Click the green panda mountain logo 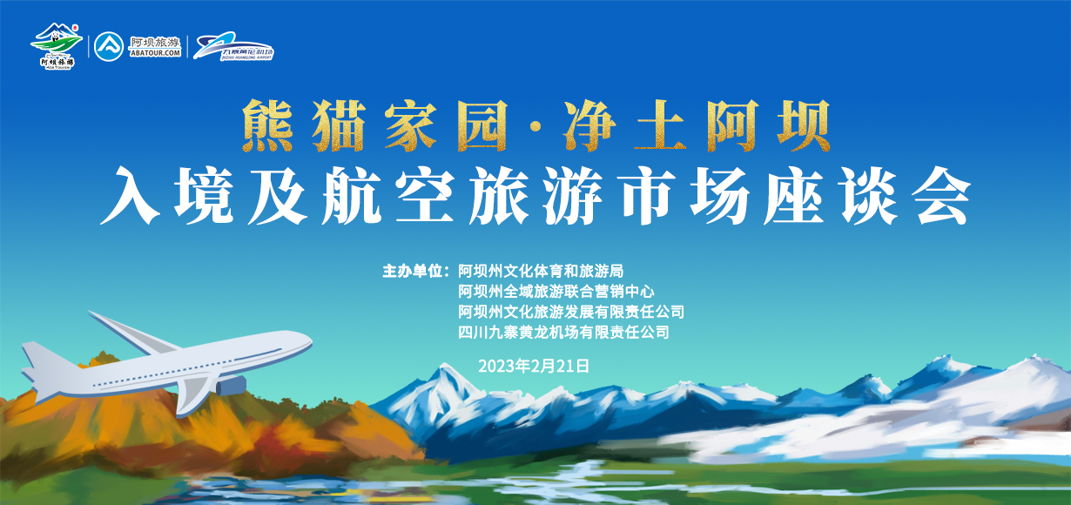tap(57, 46)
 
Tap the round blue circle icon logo tap(109, 46)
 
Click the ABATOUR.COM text tap(155, 53)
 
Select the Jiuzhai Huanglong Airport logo tap(233, 46)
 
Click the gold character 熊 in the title tap(268, 125)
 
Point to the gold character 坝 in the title tap(805, 125)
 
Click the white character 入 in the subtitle tap(130, 195)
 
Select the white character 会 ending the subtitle tap(941, 195)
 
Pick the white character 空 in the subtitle tap(425, 195)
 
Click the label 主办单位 tap(412, 271)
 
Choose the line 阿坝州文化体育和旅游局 tap(541, 271)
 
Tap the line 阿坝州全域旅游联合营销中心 tap(556, 291)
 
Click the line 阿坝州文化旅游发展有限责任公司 tap(571, 312)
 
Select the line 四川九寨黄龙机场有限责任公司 tap(563, 332)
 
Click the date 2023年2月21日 tap(534, 367)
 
